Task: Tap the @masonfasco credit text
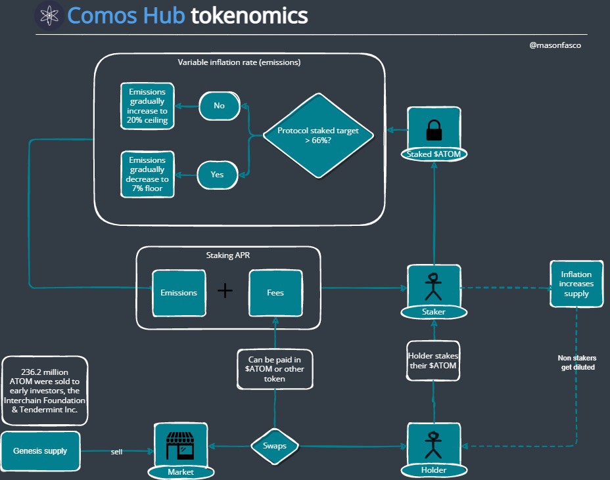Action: tap(555, 45)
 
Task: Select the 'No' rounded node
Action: tap(219, 105)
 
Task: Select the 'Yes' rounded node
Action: tap(217, 175)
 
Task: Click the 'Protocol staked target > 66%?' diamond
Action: tap(318, 136)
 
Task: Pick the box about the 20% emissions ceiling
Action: tap(148, 106)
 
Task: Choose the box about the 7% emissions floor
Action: tap(148, 174)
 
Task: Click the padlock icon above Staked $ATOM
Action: tap(434, 129)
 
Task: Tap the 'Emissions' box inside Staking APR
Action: tap(179, 292)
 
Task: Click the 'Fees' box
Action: tap(275, 292)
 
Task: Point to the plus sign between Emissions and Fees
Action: tap(225, 291)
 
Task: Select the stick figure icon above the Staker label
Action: tap(433, 285)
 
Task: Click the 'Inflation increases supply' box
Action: tap(576, 284)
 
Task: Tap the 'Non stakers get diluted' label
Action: tap(576, 362)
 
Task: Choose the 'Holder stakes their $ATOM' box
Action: tap(433, 360)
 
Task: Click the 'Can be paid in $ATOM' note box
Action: tap(275, 369)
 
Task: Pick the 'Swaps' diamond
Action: tap(275, 447)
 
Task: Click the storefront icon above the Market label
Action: tap(180, 445)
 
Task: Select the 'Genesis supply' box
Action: tap(40, 451)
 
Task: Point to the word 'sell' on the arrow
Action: tap(116, 452)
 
